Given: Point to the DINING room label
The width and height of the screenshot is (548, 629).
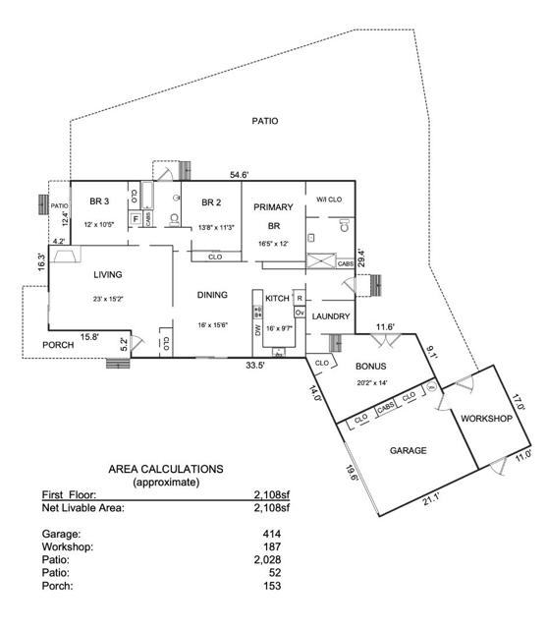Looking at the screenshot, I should pyautogui.click(x=212, y=294).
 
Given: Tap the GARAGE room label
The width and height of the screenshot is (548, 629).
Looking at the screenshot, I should pyautogui.click(x=408, y=451).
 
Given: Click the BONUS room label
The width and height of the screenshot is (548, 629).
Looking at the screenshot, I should pyautogui.click(x=371, y=366).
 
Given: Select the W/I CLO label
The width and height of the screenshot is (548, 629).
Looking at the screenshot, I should pyautogui.click(x=328, y=200).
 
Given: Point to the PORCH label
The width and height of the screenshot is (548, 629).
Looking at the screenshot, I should pyautogui.click(x=58, y=346).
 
